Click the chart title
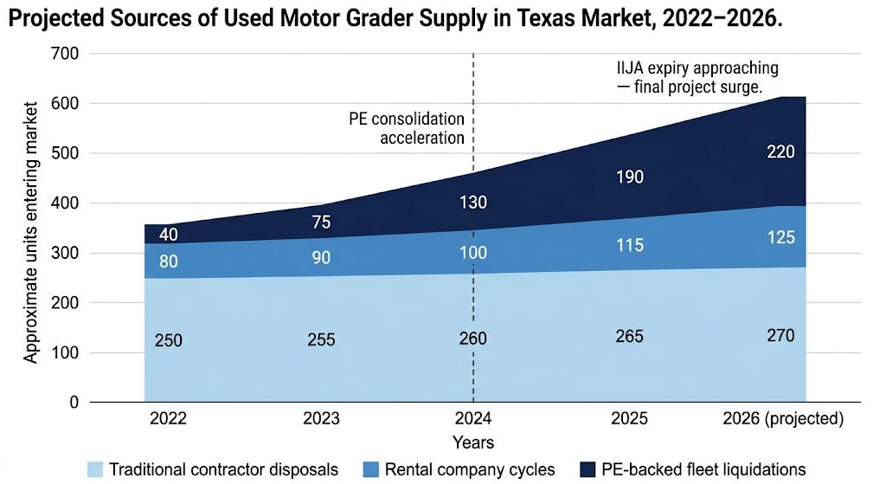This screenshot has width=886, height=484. [395, 20]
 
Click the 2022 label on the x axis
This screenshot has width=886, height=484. [168, 419]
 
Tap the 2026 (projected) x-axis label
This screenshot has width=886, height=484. [782, 419]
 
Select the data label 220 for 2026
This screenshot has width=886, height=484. [780, 152]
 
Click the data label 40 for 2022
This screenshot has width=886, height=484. [168, 235]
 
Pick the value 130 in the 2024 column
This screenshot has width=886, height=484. [472, 203]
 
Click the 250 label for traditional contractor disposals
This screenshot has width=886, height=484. [168, 340]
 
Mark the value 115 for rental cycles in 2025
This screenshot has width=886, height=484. [629, 245]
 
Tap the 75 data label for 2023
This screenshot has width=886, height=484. [320, 222]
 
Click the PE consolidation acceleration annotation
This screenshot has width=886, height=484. [407, 128]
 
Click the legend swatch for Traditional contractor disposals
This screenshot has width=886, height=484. [96, 469]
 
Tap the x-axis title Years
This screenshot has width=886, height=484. [473, 442]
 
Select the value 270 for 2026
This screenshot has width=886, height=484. [780, 335]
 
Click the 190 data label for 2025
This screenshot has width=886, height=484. [629, 177]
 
